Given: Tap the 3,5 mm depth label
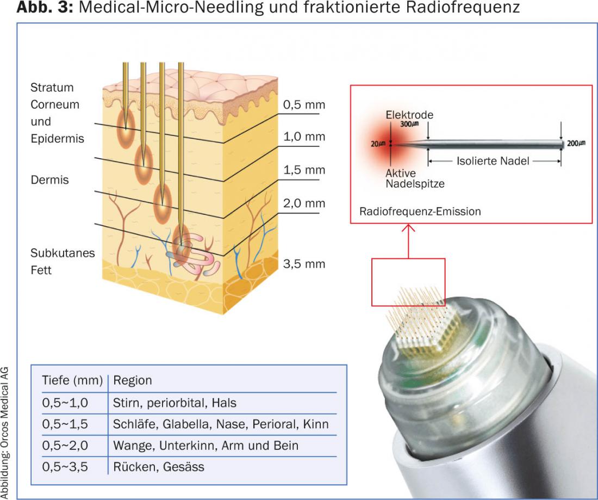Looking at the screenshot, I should (304, 264).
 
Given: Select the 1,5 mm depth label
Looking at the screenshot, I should (304, 170).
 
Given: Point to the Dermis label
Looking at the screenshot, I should (49, 179).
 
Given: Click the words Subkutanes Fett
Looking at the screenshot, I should (55, 261).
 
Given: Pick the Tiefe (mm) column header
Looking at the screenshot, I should (72, 380).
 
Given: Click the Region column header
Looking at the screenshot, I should (133, 380).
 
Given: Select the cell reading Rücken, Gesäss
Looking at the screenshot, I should (159, 467).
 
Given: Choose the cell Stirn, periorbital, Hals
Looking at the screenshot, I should (175, 403).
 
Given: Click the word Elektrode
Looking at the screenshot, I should (410, 115).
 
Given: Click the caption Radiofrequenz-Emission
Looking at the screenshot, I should (420, 211).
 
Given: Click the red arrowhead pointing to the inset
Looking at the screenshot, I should (408, 227).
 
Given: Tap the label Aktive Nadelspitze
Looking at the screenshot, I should (415, 178).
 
